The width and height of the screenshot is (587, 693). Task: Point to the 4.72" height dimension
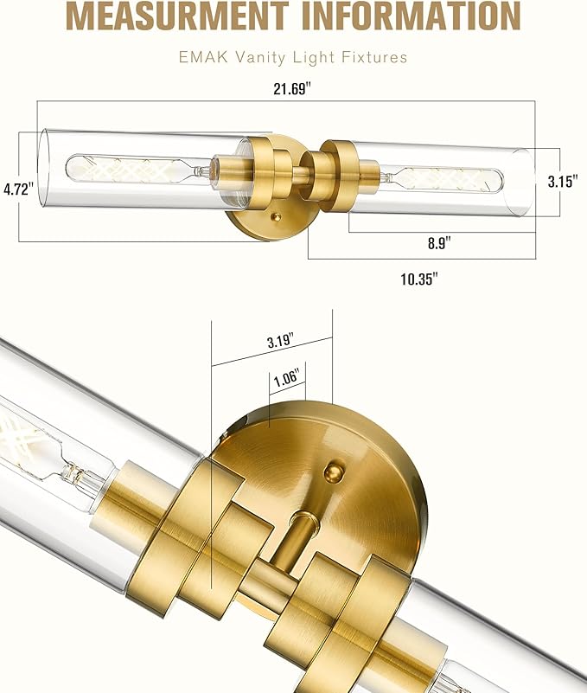pos(17,188)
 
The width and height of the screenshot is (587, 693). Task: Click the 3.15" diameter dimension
pos(561,182)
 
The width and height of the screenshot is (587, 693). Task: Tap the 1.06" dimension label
pos(285,377)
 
